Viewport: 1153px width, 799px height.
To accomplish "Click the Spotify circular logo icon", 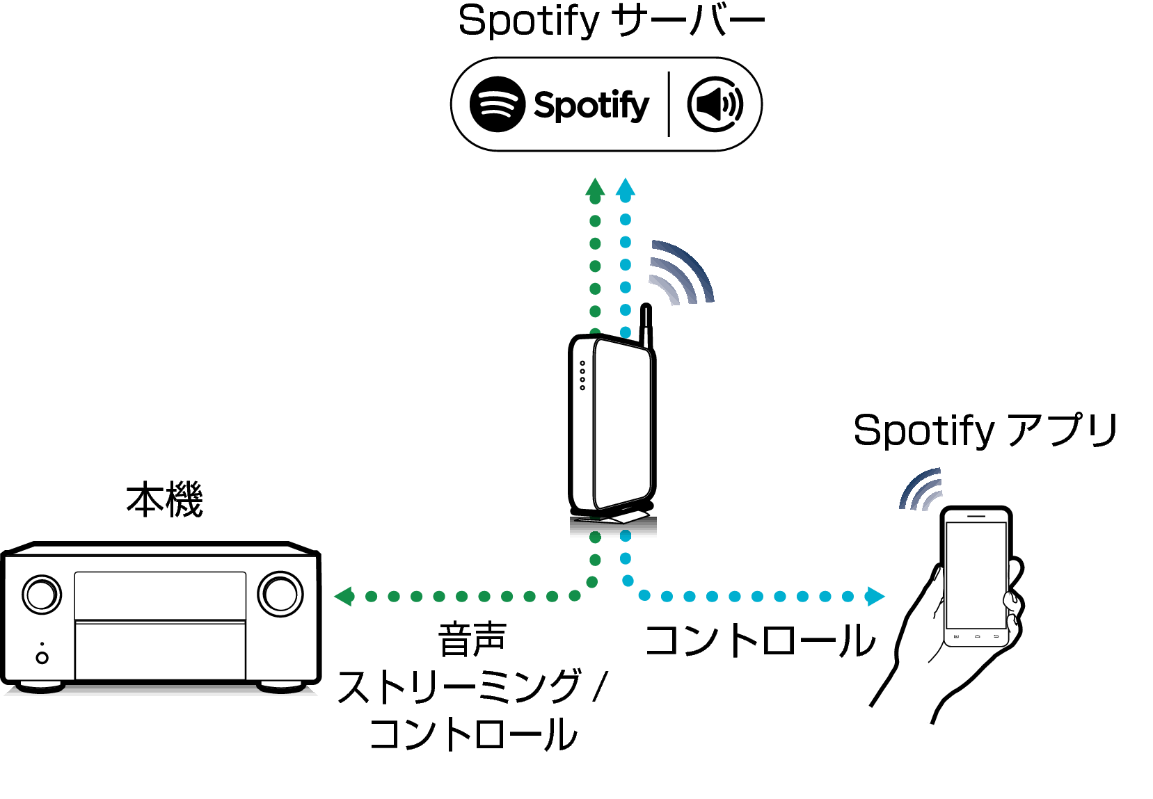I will (497, 104).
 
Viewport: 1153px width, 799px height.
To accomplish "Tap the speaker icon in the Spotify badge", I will (715, 104).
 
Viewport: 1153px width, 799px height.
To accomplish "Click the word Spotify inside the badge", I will (591, 106).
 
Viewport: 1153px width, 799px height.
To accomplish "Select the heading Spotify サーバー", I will (611, 21).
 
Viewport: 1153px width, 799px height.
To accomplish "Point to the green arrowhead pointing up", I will (595, 187).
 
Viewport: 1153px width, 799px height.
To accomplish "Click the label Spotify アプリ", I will (984, 430).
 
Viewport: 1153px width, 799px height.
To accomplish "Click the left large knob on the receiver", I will (42, 594).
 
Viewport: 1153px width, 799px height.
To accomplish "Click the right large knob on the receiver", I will (280, 593).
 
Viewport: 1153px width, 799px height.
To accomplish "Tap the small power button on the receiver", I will (42, 657).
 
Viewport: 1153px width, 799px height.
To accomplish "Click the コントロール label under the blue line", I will (759, 640).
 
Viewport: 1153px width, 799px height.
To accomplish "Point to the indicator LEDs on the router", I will (582, 375).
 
